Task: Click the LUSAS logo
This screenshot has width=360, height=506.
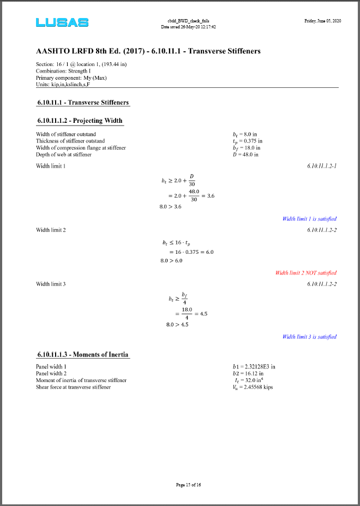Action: pos(62,22)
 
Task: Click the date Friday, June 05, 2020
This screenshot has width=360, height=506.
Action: pos(322,21)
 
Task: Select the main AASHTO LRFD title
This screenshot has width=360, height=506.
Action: pos(148,51)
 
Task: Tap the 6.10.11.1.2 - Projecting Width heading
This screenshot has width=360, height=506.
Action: pos(80,120)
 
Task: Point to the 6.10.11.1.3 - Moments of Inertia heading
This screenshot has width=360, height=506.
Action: pos(83,354)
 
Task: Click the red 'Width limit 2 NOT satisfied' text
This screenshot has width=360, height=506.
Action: pos(306,273)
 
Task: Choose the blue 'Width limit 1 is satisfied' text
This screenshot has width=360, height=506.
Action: pos(309,219)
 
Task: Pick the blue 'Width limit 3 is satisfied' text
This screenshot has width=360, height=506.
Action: pos(309,337)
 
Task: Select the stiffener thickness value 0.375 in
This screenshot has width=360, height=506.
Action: pos(247,141)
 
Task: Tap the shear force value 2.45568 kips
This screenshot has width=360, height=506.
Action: pos(252,387)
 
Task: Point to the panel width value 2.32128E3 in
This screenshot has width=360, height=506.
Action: pos(254,367)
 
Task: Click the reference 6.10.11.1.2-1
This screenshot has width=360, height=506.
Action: pos(322,166)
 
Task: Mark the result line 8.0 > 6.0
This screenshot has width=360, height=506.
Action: pos(171,260)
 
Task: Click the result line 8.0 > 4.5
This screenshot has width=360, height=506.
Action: pos(177,325)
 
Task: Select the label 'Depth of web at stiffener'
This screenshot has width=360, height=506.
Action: pos(64,154)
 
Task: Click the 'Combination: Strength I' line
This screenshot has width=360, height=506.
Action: pos(63,71)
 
